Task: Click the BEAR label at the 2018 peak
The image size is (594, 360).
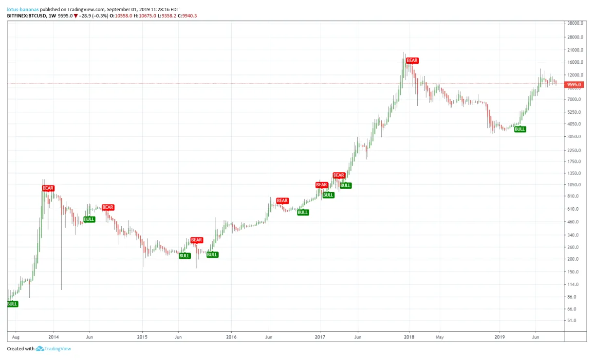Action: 412,61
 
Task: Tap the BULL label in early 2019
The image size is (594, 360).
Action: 520,129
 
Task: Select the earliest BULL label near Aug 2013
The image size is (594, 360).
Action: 12,304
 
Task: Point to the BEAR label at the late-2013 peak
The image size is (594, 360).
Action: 48,188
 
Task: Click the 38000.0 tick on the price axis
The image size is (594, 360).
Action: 575,23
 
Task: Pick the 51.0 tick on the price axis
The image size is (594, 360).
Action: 573,321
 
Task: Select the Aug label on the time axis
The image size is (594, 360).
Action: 15,337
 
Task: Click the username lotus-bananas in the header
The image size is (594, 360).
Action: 23,9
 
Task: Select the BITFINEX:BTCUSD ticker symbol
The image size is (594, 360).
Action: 27,16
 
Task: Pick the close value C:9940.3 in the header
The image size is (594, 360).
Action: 187,16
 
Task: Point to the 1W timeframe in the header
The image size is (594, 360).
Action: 52,16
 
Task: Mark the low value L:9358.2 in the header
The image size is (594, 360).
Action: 167,16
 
